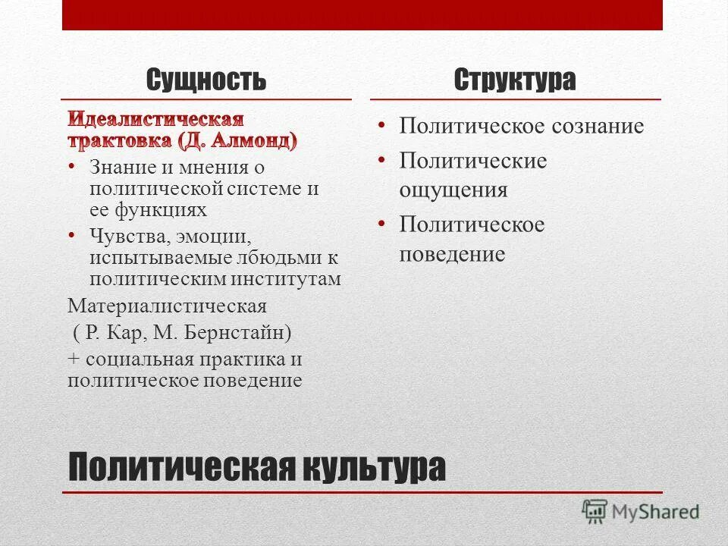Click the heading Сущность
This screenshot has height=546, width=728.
tap(206, 80)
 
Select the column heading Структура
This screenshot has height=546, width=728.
tap(515, 80)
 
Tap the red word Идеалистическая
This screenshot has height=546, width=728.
tap(156, 120)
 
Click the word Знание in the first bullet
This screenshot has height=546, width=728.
tap(118, 167)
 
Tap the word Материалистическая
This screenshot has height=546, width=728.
tap(168, 306)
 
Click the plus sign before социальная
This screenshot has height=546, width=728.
tap(74, 359)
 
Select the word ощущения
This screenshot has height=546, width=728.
tap(453, 190)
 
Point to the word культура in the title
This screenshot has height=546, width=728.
tap(372, 469)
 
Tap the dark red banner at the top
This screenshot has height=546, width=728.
tap(362, 15)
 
